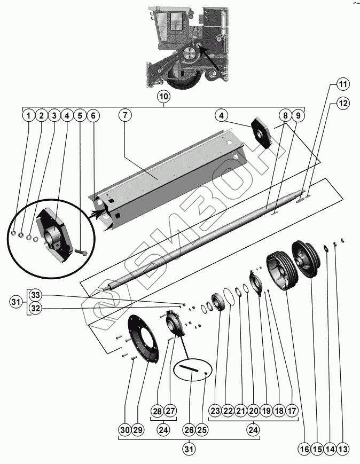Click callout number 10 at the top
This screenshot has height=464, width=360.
point(163,97)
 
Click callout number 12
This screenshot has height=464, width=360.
point(342,103)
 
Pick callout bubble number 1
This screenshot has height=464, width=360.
point(28,115)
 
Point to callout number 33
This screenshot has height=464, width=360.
point(35,295)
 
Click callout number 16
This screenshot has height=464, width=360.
point(304,450)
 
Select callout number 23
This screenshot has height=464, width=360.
point(215,411)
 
